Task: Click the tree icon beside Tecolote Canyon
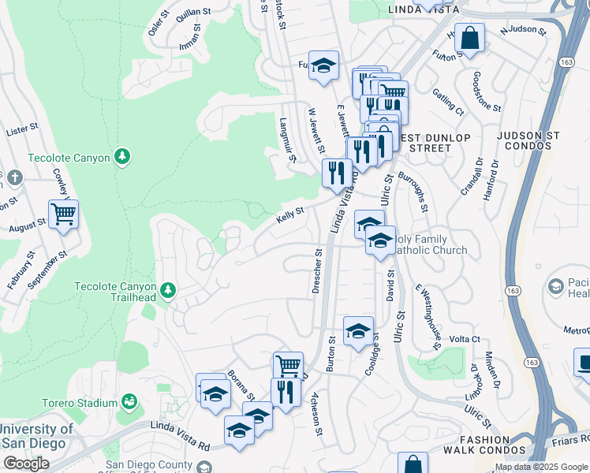point(121,158)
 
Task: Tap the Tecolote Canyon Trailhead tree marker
point(167,291)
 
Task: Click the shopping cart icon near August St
point(63,214)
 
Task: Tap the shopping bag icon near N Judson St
point(469,39)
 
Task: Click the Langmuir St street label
point(287,141)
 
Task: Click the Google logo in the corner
point(25,464)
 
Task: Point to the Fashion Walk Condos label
point(487,445)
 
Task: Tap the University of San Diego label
point(38,435)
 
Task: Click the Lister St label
point(22,128)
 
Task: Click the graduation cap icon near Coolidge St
point(358,330)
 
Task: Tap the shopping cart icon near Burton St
point(289,366)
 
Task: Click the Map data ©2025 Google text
point(540,467)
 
